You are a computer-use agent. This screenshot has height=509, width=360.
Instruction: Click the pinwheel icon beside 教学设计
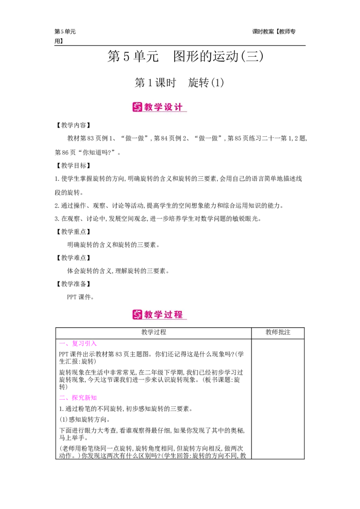pos(137,107)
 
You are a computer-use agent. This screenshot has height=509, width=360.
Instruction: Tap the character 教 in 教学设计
pos(149,107)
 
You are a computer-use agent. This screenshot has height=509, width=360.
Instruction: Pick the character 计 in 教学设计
pos(179,107)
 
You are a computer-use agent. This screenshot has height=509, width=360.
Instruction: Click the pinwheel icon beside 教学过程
pos(137,314)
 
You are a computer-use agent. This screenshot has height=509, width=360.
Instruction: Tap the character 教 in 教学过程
pos(149,314)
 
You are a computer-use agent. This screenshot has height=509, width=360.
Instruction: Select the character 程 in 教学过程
pos(179,314)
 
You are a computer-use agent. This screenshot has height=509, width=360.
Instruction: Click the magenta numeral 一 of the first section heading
pos(62,344)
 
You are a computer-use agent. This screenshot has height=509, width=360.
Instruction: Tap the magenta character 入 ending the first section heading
pos(93,344)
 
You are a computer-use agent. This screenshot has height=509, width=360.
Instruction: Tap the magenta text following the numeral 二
pos(84,398)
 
